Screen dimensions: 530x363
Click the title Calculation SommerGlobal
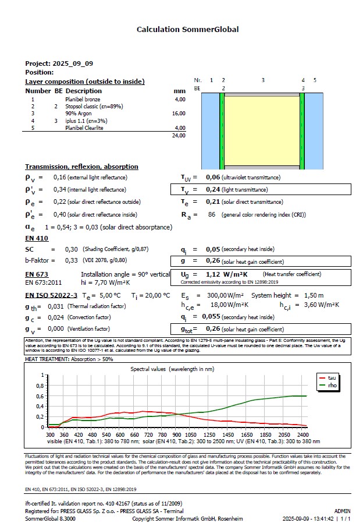click(187, 29)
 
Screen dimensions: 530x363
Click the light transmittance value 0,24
click(213, 189)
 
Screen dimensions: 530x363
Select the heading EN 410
click(37, 238)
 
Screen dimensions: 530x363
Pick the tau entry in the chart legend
click(332, 378)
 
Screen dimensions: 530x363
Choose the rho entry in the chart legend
click(332, 386)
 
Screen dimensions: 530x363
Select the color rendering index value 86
click(212, 215)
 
